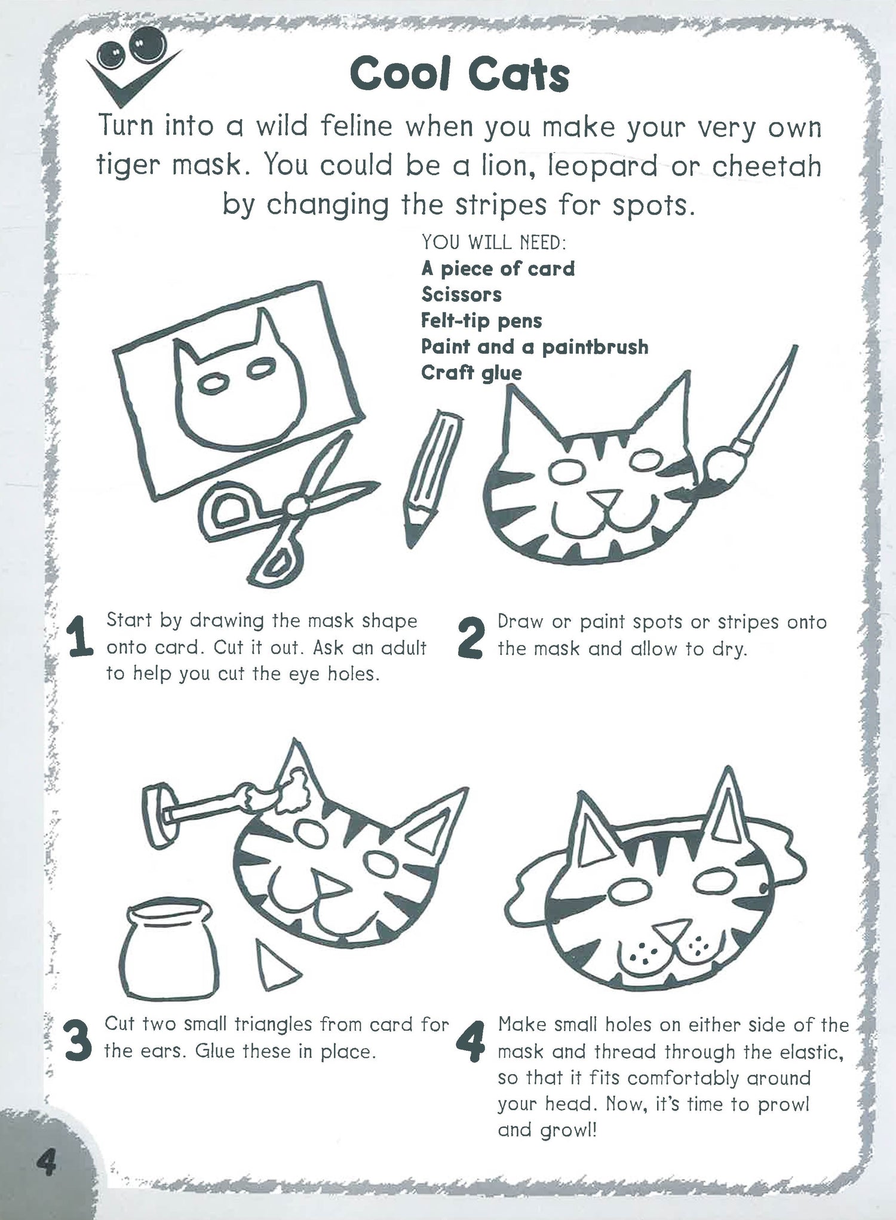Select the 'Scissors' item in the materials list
click(x=461, y=295)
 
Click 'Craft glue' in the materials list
click(x=471, y=373)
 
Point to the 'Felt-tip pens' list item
click(x=481, y=321)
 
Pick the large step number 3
click(x=78, y=1040)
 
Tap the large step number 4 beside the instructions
click(x=471, y=1040)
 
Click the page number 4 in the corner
click(x=47, y=1164)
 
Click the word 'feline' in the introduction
click(x=356, y=126)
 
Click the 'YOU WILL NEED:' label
click(x=493, y=242)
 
